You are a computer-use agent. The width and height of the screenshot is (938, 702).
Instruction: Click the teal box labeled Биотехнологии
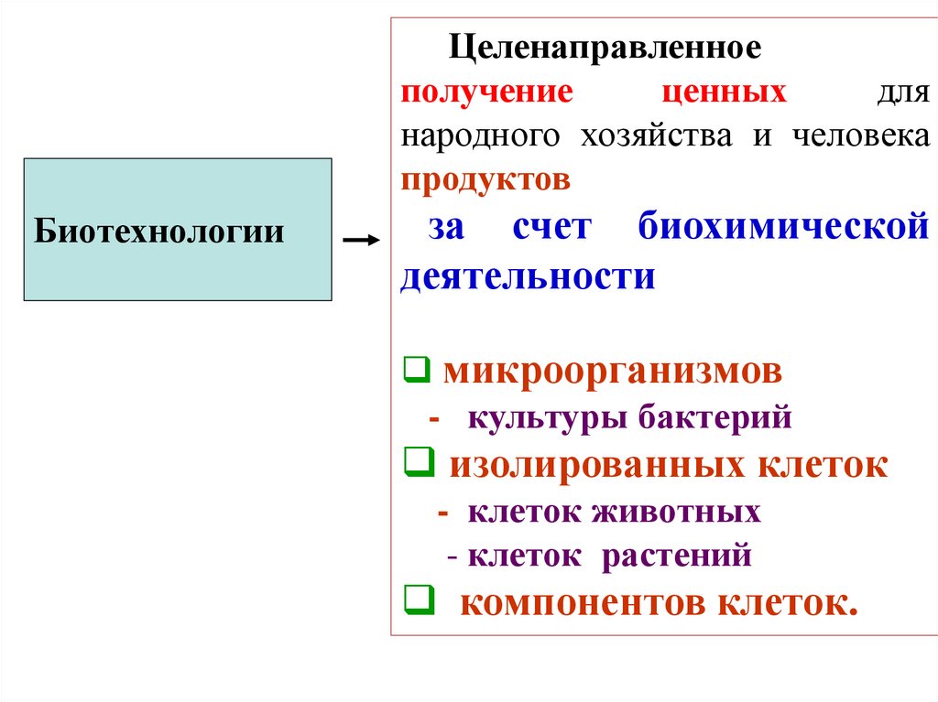(177, 230)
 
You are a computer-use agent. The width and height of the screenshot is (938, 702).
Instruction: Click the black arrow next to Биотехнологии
(359, 240)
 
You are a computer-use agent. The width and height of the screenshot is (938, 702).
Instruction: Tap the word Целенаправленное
(604, 48)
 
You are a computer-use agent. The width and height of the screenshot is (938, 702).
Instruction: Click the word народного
(479, 136)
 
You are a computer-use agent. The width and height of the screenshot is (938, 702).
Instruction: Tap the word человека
(859, 136)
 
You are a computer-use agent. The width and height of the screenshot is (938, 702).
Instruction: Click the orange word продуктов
(485, 179)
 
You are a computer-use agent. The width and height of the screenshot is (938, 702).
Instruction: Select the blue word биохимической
(784, 228)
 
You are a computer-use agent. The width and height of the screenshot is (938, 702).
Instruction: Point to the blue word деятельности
(528, 276)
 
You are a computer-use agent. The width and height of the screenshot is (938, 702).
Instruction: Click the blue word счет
(552, 228)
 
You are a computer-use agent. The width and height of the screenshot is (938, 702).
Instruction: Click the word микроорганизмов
(613, 373)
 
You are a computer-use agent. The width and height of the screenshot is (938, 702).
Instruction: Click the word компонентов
(582, 603)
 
